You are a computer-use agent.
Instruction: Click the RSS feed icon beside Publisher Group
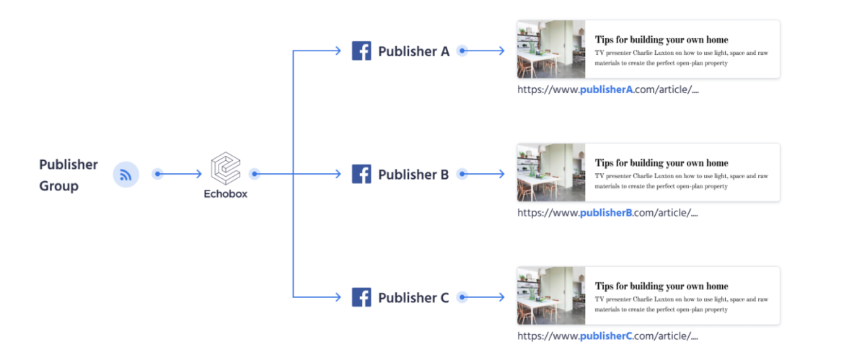coord(126,175)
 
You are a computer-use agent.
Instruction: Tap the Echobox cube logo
coord(225,169)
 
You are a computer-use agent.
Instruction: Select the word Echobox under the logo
coord(225,193)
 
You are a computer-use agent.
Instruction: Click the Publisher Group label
coord(69,175)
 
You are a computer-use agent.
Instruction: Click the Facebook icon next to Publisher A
coord(361,51)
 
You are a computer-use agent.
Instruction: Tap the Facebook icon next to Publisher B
coord(361,174)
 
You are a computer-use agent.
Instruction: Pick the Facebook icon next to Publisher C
coord(361,297)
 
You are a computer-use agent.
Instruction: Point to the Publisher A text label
coord(413,51)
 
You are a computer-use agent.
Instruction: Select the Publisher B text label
coord(413,174)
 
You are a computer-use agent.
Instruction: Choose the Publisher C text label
coord(413,297)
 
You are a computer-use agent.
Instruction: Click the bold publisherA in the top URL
coord(606,90)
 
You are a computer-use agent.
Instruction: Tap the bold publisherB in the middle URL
coord(606,213)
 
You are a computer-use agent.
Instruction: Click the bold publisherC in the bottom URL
coord(606,336)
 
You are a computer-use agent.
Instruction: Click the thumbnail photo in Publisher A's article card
coord(551,49)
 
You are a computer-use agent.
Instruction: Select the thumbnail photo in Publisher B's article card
coord(551,172)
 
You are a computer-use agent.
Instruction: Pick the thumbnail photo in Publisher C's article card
coord(551,296)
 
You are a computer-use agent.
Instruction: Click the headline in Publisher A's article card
coord(661,40)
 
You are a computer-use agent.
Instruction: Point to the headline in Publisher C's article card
coord(661,286)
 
